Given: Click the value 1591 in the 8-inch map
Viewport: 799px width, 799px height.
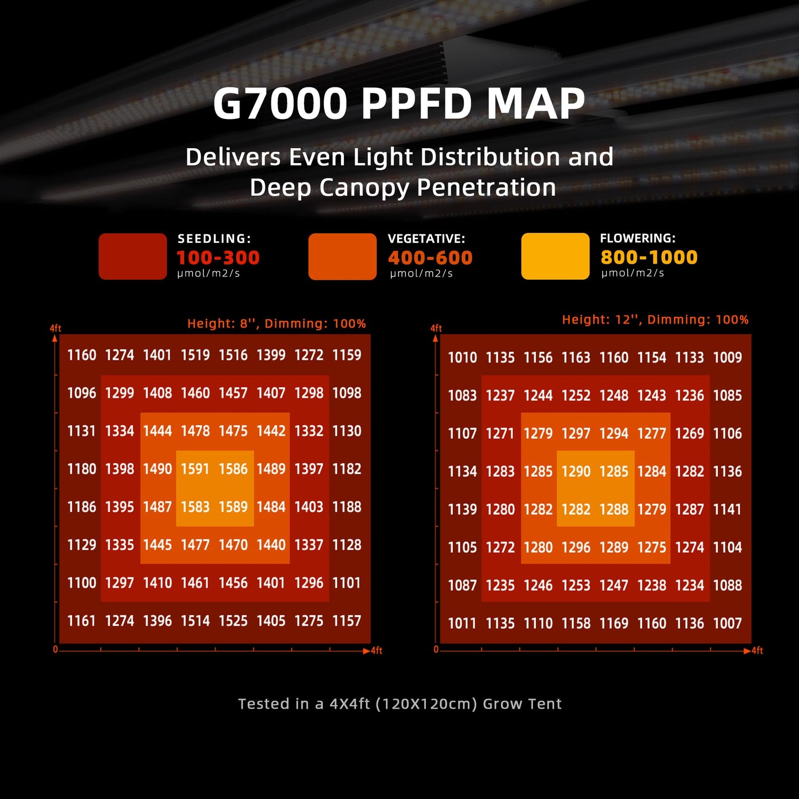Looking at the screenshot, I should (195, 469).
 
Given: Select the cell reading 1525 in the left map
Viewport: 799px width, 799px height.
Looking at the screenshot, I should (233, 621).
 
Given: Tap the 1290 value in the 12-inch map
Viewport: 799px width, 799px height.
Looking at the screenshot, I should (576, 472).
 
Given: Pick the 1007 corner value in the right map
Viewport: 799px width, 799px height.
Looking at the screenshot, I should (727, 624).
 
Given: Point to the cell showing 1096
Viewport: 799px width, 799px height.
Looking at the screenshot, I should (82, 393).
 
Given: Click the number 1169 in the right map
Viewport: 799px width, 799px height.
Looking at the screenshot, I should (614, 624).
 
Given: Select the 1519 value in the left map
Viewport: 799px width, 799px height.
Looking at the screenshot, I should (195, 355).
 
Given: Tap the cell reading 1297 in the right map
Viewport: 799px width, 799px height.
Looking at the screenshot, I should (576, 434).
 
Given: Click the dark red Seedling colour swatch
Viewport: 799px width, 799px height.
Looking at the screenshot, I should (133, 257).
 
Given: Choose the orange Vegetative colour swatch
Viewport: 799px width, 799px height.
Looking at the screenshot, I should (342, 257).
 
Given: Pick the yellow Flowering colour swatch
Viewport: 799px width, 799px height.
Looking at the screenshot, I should (555, 256).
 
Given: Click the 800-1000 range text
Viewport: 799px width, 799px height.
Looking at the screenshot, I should (649, 257).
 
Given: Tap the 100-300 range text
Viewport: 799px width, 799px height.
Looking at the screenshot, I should (218, 258).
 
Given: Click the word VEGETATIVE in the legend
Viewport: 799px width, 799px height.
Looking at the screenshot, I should (426, 239).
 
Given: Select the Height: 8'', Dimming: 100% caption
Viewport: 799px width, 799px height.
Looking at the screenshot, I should (276, 323).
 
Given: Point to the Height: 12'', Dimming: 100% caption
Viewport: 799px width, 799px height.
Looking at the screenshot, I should (655, 320).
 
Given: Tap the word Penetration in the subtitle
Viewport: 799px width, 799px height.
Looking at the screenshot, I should (486, 187).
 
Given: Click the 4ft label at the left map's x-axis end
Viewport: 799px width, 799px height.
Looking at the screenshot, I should (377, 651).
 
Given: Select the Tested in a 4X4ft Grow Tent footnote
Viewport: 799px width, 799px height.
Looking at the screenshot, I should (399, 704).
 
